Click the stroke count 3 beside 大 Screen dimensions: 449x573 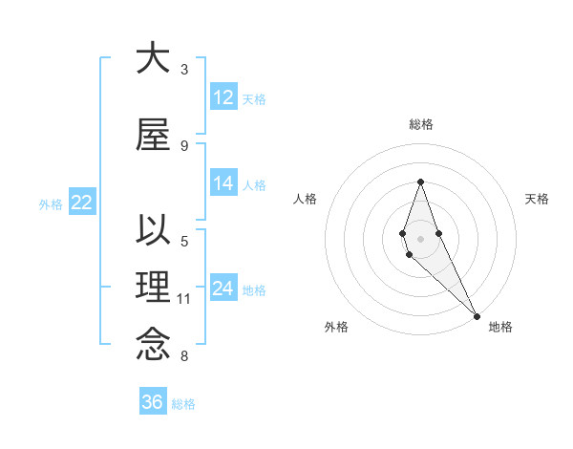click(184, 70)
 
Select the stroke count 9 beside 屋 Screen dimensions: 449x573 click(184, 145)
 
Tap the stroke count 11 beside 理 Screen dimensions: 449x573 click(184, 299)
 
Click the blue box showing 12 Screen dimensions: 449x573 click(223, 96)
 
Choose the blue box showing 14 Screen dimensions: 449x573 click(223, 183)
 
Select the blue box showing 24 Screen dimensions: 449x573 click(223, 288)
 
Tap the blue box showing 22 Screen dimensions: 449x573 click(81, 202)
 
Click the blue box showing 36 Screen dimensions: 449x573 click(153, 402)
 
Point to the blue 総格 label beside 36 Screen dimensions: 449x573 click(183, 404)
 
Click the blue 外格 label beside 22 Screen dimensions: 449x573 click(51, 203)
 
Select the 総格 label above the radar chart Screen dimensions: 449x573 click(420, 124)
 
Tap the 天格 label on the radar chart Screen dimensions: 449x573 click(537, 199)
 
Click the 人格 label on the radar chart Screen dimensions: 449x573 click(305, 199)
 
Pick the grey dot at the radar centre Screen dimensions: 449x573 click(420, 238)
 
